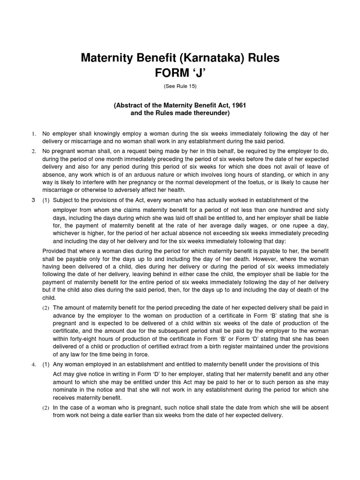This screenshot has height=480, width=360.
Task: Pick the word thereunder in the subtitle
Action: [x=210, y=113]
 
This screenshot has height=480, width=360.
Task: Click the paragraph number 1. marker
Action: [x=34, y=134]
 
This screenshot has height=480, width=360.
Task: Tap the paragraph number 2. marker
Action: [x=34, y=151]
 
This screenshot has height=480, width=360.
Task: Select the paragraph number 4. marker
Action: [x=34, y=364]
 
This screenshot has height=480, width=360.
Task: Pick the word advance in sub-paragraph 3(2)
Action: [x=64, y=315]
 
